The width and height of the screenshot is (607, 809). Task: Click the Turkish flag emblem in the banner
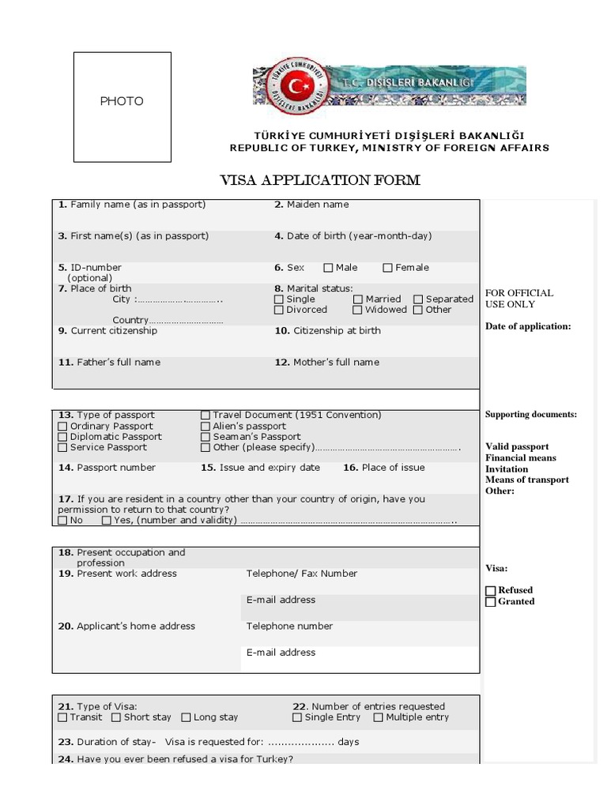[296, 84]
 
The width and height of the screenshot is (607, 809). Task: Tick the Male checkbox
[329, 268]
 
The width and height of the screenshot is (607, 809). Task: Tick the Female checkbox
[387, 268]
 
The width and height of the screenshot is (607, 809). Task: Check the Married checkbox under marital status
[358, 299]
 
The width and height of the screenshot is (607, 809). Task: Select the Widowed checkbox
[358, 310]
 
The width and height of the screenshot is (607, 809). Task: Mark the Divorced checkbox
[279, 310]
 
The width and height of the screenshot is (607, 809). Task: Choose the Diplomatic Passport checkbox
[62, 437]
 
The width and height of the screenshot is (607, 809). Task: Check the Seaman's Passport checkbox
[205, 437]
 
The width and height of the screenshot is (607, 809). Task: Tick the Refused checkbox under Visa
[491, 591]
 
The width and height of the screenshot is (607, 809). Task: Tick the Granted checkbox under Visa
[491, 602]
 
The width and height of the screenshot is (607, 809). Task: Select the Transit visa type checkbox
[62, 718]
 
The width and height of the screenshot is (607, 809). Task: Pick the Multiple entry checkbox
[379, 718]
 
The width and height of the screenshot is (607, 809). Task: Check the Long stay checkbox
[186, 718]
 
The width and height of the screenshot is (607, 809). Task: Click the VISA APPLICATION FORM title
[319, 180]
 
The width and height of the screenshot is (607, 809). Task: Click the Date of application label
[528, 326]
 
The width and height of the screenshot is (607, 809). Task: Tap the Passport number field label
[107, 468]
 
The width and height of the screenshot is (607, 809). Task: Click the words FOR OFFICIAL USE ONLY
[519, 299]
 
